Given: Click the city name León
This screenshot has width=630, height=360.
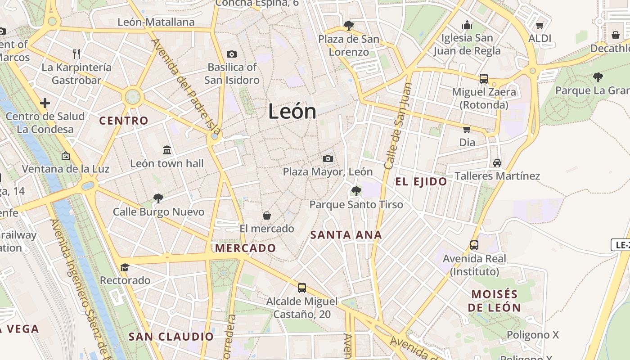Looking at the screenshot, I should click(x=292, y=111).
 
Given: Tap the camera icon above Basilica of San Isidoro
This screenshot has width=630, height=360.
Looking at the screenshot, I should click(x=232, y=54).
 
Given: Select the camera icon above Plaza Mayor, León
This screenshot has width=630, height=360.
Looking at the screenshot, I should click(x=328, y=158).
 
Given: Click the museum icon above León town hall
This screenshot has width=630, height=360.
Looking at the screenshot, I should click(x=167, y=150).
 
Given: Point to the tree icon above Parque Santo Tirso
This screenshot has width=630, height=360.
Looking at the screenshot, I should click(x=356, y=191).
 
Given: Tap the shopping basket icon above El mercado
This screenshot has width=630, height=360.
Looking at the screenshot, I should click(x=267, y=216).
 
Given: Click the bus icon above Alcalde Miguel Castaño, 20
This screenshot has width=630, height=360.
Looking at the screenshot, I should click(x=302, y=288).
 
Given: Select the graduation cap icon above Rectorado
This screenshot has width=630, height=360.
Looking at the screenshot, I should click(x=125, y=267).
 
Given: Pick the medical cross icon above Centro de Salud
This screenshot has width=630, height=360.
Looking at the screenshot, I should click(x=45, y=103).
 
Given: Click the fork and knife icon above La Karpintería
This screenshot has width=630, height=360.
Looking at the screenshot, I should click(x=76, y=54).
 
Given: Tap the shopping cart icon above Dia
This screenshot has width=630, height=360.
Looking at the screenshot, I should click(x=467, y=129).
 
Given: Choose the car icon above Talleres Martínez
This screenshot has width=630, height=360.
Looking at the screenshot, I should click(x=497, y=162).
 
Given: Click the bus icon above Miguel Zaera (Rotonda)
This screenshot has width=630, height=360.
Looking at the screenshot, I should click(x=484, y=79).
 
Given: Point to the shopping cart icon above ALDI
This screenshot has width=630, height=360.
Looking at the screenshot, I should click(x=540, y=25).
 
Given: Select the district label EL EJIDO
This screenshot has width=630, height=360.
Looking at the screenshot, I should click(x=421, y=182).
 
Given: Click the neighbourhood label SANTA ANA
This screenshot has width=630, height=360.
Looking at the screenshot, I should click(x=346, y=235).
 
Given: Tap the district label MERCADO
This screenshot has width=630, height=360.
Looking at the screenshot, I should click(x=245, y=248).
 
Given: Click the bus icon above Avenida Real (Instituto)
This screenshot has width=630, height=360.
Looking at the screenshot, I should click(x=474, y=245).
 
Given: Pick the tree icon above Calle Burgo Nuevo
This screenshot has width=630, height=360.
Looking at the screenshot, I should click(x=158, y=198).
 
